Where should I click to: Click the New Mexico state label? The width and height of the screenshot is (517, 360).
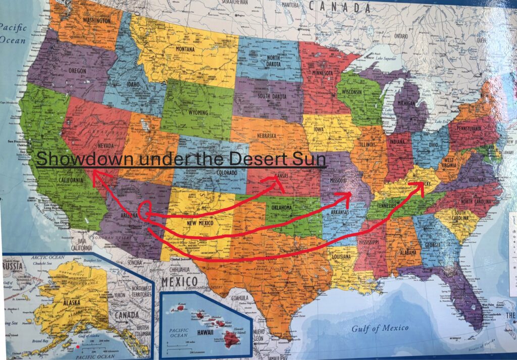pos(199,223)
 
